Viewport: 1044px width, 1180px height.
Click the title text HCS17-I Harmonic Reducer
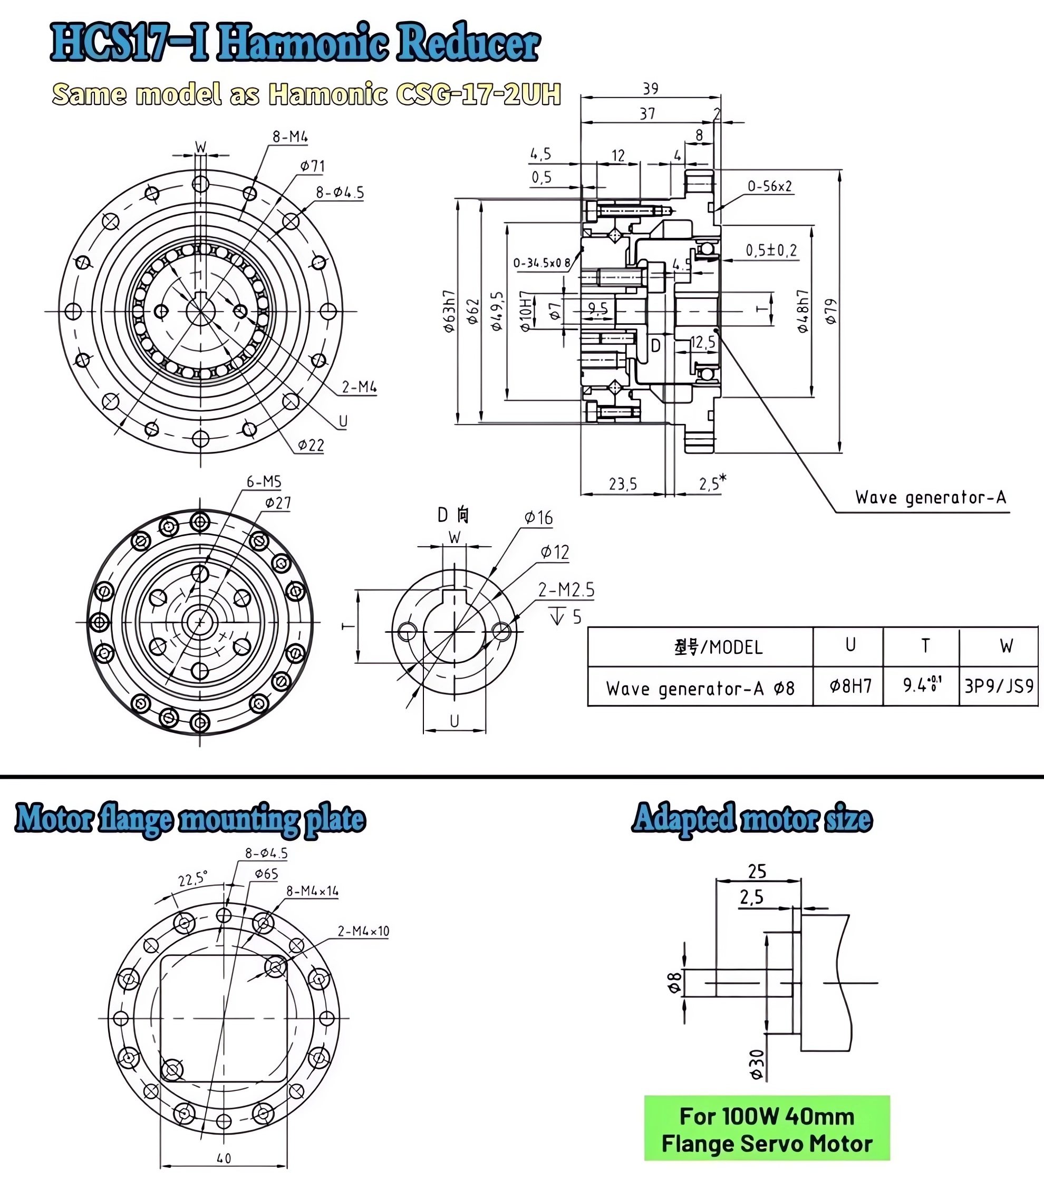[295, 43]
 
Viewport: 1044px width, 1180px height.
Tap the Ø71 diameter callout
[312, 167]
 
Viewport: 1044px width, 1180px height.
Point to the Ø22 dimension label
[311, 445]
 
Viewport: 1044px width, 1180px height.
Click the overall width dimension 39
[650, 89]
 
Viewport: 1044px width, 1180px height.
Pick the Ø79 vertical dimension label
[830, 311]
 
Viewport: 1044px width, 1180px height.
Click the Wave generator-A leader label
[930, 498]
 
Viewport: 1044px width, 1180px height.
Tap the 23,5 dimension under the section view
[623, 484]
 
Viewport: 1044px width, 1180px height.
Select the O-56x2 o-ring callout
[769, 187]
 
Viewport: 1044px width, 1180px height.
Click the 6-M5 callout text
[264, 481]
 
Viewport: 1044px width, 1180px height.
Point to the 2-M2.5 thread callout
[566, 590]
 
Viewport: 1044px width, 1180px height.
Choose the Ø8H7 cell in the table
[849, 686]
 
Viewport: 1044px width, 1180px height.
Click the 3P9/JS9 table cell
[999, 686]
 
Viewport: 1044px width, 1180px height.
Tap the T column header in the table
[925, 646]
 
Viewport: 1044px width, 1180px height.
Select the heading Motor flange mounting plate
[190, 819]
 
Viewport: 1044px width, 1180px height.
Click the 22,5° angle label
[192, 879]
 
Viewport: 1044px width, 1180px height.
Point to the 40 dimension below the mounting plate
[224, 1158]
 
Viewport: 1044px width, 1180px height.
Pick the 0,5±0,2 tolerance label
[771, 250]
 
